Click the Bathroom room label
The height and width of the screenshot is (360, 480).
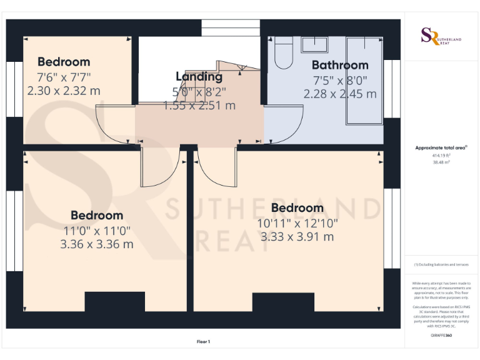point(340,65)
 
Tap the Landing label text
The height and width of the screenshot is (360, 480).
point(199,77)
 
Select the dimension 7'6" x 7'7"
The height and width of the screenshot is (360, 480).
point(64,77)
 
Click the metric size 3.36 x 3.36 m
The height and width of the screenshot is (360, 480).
point(97,244)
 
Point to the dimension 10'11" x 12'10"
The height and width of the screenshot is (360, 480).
point(297,222)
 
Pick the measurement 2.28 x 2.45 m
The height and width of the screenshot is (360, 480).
point(340,94)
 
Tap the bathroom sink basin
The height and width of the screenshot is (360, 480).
point(314,44)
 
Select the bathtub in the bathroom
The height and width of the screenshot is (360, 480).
point(364,81)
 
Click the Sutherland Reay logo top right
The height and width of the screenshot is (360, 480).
point(441,36)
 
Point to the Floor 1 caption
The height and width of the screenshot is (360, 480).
point(204,341)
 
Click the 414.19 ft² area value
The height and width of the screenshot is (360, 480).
point(441,155)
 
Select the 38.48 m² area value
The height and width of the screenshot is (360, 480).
point(441,161)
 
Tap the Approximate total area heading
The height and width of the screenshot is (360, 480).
point(441,147)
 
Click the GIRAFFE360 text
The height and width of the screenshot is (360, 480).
point(441,336)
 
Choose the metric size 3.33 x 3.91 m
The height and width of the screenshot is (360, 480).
point(297,237)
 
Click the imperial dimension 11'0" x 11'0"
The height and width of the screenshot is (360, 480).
point(97,230)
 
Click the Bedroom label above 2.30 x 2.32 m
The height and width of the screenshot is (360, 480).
point(64,62)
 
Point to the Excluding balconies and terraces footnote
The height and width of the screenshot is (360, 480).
point(441,264)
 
